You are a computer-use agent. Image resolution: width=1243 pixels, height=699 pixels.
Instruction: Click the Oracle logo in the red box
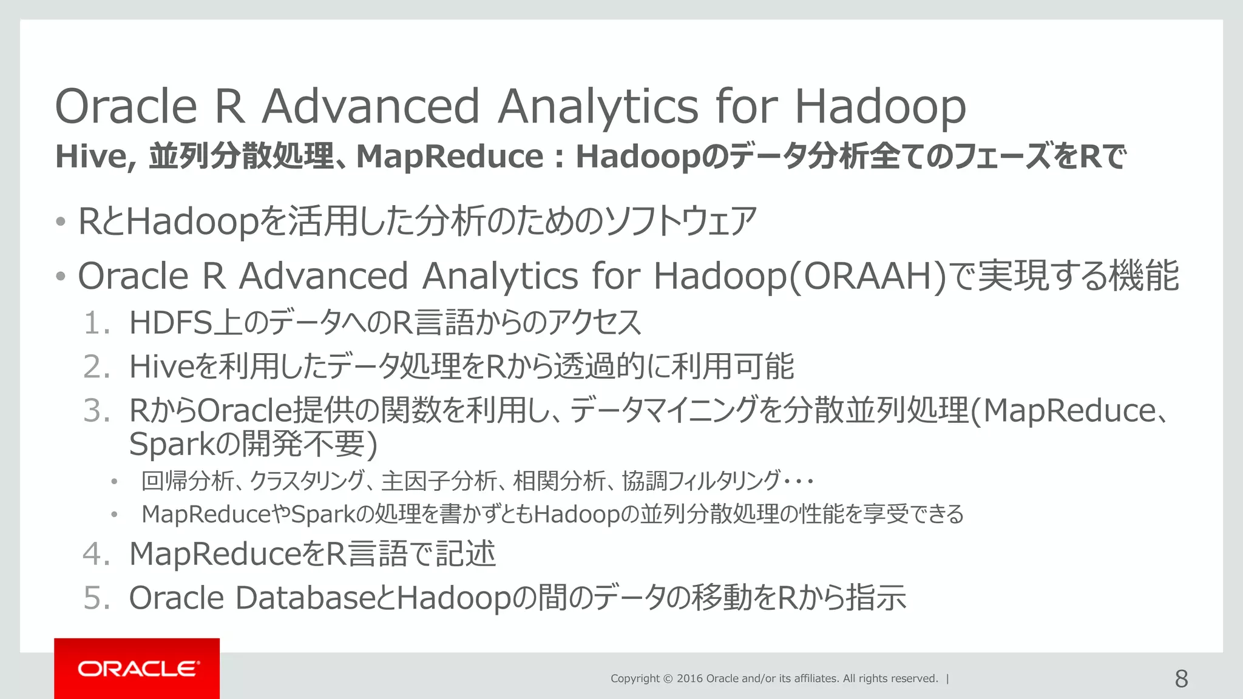137,669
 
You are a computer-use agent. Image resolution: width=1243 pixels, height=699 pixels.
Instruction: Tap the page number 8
1181,678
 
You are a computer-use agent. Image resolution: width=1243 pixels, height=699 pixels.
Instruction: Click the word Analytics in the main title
598,106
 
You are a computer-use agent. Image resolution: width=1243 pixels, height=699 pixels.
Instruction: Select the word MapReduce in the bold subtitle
450,157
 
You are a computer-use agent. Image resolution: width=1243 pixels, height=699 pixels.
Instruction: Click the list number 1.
96,323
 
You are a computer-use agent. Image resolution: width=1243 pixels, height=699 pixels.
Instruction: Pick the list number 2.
96,367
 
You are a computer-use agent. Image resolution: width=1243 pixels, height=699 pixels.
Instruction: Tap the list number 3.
96,411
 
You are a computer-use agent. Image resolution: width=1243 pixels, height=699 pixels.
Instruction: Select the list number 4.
96,554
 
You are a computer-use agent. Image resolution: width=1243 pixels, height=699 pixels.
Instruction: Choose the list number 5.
96,598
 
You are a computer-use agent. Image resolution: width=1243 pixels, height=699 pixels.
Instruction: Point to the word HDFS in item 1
171,323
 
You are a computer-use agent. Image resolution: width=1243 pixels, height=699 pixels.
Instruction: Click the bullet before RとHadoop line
60,221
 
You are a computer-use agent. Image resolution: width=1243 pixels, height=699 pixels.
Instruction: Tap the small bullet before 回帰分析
113,482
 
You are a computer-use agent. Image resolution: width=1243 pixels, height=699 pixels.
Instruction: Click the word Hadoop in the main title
880,106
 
